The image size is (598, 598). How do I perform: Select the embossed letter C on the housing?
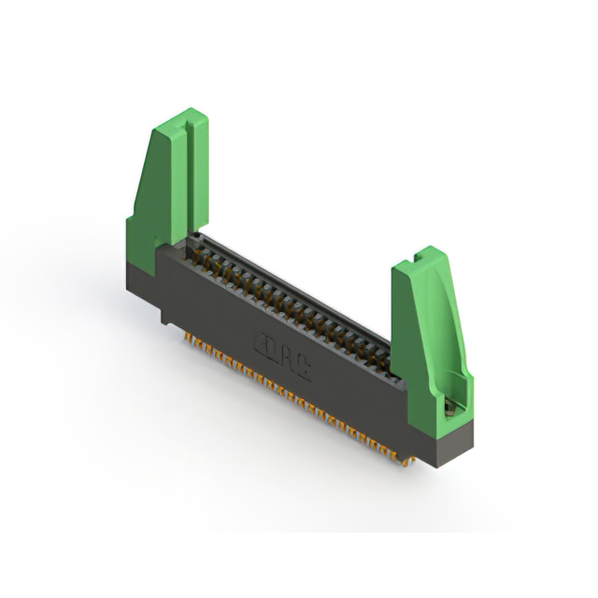tap(303, 370)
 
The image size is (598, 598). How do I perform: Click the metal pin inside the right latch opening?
tap(450, 405)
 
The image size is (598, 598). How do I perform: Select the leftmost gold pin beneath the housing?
tap(187, 335)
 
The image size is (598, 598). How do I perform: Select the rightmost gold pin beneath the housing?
tap(406, 459)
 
